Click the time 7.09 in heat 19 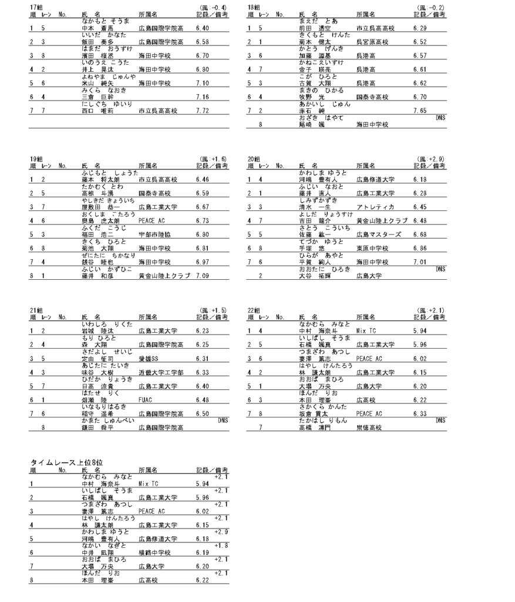[202, 275]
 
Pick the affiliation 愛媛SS [149, 359]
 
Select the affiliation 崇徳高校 [368, 427]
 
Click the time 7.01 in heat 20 [419, 262]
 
